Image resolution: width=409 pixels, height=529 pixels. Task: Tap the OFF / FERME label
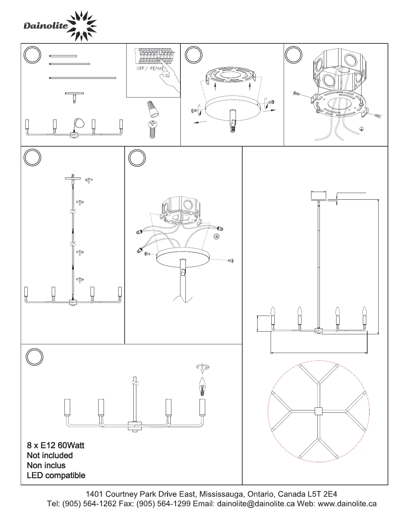[150, 68]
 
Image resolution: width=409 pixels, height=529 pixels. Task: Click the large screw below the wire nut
[152, 130]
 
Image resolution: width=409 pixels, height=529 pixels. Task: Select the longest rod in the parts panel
[83, 78]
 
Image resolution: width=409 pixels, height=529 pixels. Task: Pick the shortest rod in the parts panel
[63, 56]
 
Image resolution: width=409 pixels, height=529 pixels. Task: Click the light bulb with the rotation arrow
[201, 386]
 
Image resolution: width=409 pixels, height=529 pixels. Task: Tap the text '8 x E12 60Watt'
[55, 445]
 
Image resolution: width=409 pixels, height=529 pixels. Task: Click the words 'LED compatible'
[56, 475]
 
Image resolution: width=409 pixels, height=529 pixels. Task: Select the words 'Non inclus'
[46, 465]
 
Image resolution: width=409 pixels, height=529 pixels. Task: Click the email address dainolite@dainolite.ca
[256, 504]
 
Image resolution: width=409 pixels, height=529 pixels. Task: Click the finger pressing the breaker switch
[164, 75]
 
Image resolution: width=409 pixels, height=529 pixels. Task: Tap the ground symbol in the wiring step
[217, 236]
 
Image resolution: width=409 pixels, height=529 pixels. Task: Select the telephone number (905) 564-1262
[88, 504]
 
